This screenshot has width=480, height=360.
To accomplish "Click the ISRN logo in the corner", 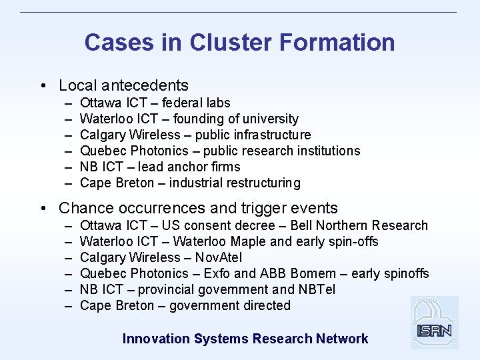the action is [x=435, y=323].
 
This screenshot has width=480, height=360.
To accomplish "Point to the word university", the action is [x=266, y=119].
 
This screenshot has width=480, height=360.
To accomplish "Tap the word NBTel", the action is [x=317, y=289].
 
